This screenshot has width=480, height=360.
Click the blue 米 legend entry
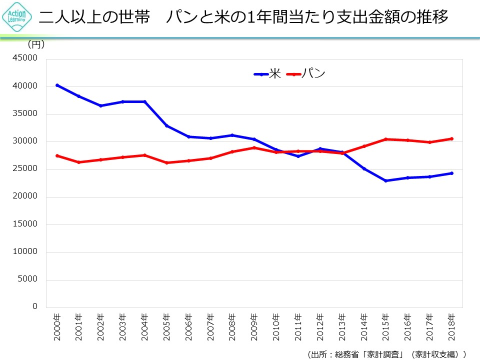tap(268, 74)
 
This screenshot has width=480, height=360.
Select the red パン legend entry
tap(306, 74)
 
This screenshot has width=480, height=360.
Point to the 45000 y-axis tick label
tap(27, 58)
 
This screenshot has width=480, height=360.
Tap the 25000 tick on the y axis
tap(27, 169)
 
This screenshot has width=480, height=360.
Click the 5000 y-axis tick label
tap(29, 279)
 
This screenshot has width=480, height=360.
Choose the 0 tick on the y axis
tap(35, 306)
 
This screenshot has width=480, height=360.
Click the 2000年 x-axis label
tap(57, 327)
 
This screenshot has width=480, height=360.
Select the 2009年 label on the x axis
tap(254, 327)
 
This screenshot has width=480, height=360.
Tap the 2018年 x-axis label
tap(451, 327)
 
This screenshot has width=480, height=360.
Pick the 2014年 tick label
tap(364, 327)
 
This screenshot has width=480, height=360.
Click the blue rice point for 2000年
tap(57, 85)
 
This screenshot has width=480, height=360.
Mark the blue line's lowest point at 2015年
tap(385, 180)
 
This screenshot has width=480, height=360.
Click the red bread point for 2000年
tap(57, 155)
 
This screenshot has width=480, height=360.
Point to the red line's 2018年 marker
tap(451, 138)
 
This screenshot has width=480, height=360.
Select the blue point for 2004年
tap(144, 101)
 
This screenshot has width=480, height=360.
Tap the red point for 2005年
tap(166, 162)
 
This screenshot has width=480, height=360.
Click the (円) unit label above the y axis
tap(36, 44)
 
